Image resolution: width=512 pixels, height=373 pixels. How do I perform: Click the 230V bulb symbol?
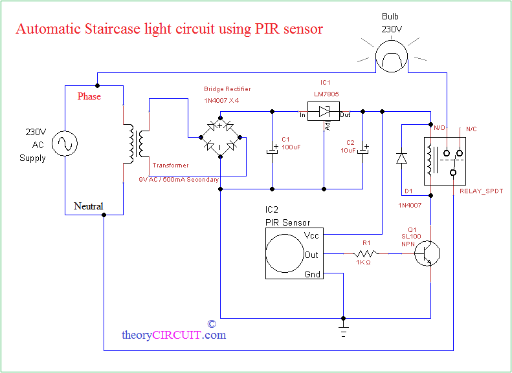tap(392, 59)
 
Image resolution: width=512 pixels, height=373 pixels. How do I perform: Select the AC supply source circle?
tap(65, 143)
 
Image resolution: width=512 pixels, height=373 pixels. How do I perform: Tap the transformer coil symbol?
tap(136, 144)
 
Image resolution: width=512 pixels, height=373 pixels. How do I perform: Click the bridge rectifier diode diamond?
tap(220, 137)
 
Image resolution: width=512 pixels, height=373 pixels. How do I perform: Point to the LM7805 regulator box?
tap(324, 111)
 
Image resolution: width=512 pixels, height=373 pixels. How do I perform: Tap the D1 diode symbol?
tap(401, 157)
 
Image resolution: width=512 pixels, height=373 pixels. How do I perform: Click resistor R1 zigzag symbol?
tap(366, 254)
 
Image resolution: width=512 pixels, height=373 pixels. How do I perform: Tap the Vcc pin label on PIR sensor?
tap(312, 236)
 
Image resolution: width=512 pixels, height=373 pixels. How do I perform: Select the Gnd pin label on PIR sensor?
tap(312, 275)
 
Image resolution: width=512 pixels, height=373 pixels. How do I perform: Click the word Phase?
tap(89, 96)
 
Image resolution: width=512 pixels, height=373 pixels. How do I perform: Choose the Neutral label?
tap(88, 206)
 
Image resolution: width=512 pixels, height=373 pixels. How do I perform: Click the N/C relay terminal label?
tap(471, 129)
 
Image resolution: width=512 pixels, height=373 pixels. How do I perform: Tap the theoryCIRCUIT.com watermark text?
tap(173, 335)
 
